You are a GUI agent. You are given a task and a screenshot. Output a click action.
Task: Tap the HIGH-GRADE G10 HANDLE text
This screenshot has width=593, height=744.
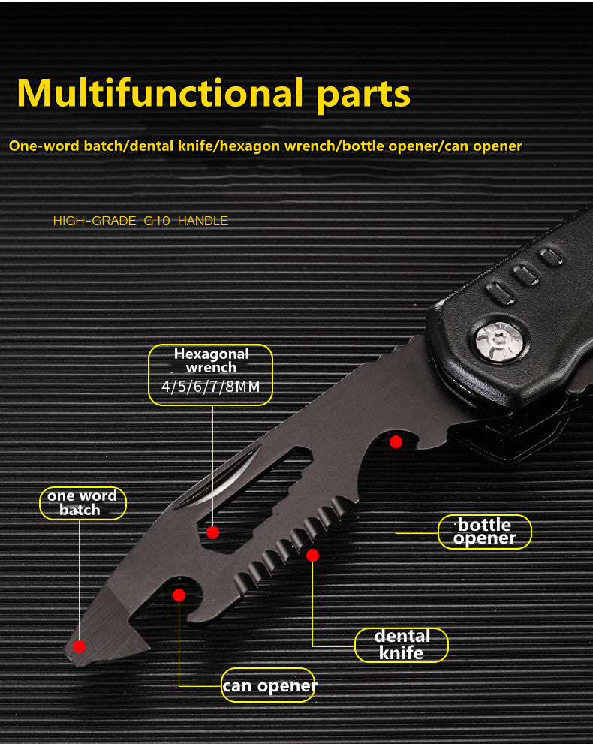click(140, 221)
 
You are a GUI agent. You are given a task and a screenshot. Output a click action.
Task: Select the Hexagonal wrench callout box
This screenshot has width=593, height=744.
click(210, 375)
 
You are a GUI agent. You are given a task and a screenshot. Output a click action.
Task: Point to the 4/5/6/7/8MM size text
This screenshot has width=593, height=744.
click(210, 388)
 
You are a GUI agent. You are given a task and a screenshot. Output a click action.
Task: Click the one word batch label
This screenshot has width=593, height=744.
click(82, 503)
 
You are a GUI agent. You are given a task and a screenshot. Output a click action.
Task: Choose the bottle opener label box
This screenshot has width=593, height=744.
click(484, 532)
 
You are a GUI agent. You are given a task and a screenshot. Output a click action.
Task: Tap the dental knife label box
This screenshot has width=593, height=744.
click(401, 645)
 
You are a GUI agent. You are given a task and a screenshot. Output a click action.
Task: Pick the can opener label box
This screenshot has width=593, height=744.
click(268, 685)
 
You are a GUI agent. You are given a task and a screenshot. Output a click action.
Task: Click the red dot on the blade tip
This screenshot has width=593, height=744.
click(80, 646)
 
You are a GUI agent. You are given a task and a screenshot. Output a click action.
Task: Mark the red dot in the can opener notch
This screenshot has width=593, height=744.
click(179, 595)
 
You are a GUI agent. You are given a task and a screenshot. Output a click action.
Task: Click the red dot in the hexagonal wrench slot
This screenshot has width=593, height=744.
click(212, 532)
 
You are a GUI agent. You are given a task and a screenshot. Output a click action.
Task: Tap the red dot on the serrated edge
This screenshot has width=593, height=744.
click(312, 556)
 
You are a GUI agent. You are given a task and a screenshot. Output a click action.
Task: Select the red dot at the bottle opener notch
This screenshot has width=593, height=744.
click(396, 442)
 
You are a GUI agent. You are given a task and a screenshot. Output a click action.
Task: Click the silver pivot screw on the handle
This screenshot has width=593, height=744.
click(499, 342)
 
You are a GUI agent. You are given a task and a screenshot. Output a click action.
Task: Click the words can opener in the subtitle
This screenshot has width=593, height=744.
click(483, 146)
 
